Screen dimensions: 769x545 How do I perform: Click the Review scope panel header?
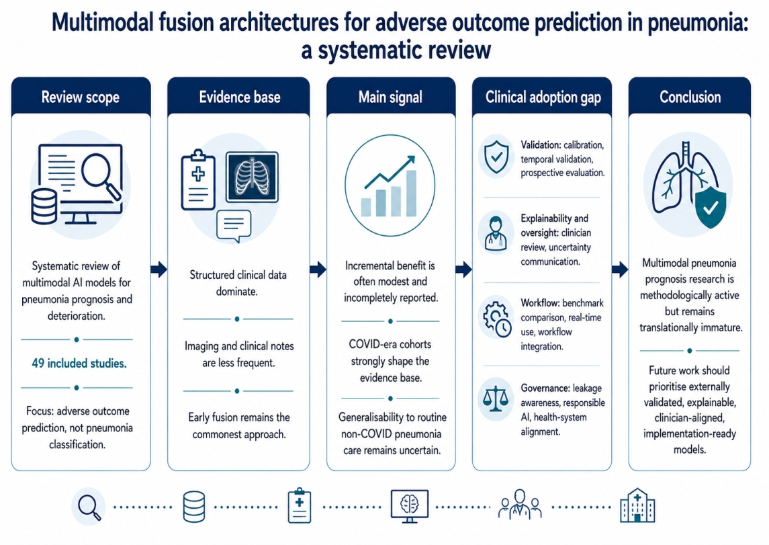[81, 97]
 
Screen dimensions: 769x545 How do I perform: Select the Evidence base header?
[239, 97]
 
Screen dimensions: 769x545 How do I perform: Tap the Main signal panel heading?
[390, 97]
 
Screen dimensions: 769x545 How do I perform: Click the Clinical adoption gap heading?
[543, 97]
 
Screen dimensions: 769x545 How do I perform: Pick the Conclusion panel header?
[690, 97]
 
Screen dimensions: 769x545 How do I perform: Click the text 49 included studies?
[79, 364]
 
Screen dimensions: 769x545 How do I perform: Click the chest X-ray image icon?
[252, 177]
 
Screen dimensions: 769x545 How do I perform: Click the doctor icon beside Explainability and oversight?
[496, 233]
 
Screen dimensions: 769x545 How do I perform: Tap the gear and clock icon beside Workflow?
[496, 319]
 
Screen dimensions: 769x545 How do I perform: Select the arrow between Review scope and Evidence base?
[159, 269]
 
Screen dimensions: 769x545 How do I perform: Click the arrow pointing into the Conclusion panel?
[620, 269]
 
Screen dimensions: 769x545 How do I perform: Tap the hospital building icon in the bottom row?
[637, 505]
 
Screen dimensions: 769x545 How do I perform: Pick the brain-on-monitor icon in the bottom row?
[410, 506]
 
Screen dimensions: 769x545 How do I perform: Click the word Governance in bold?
[545, 388]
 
